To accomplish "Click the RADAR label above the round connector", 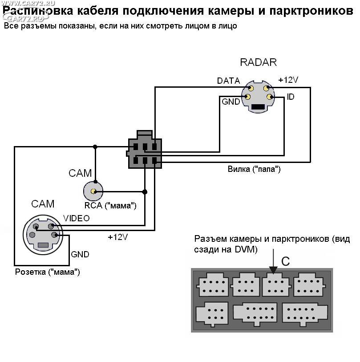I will [x=258, y=62].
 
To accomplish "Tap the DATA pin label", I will [x=228, y=81].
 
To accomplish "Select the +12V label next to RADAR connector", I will [x=288, y=80].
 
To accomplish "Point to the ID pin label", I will [x=291, y=97].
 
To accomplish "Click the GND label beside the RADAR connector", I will [x=231, y=102].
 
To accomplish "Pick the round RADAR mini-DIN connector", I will [x=258, y=97].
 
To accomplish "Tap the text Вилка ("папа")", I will [x=254, y=170].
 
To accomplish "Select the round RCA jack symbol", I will [x=93, y=191].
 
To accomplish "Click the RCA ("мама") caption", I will [x=110, y=206].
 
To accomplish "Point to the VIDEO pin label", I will [x=76, y=218].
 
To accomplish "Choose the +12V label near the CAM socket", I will [x=118, y=237].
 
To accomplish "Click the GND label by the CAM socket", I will [x=80, y=255].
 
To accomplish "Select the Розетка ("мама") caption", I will [x=48, y=272].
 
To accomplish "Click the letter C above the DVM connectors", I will [x=285, y=261].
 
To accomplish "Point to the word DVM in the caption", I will [x=247, y=250].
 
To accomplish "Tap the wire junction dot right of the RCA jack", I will [x=145, y=192].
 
